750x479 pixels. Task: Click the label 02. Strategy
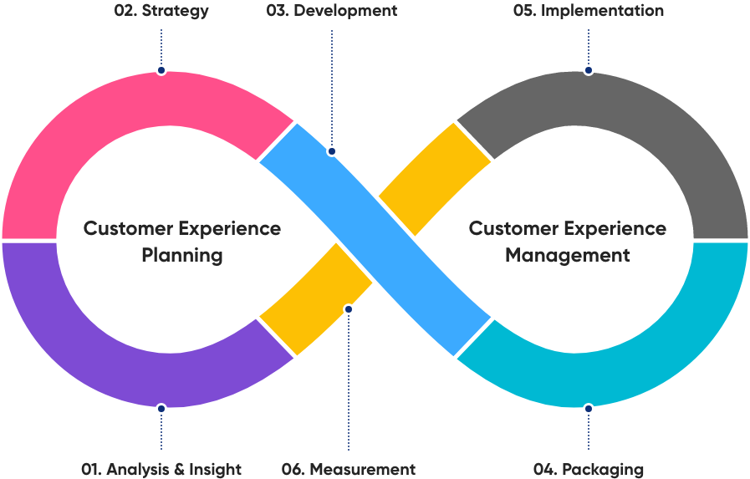(161, 11)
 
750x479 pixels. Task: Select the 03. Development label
(332, 11)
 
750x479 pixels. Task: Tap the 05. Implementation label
(588, 11)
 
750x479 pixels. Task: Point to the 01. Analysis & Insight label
(161, 469)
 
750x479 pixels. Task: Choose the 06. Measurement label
(349, 469)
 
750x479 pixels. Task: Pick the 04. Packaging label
(589, 469)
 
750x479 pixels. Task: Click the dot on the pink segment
(161, 70)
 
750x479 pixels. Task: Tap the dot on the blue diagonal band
(332, 151)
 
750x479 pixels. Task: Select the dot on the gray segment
(589, 70)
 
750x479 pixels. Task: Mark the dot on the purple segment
(161, 409)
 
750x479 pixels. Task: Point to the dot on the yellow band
(349, 309)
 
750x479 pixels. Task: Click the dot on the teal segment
(589, 409)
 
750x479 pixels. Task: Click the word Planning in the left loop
(182, 255)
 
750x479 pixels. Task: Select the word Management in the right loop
(568, 255)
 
